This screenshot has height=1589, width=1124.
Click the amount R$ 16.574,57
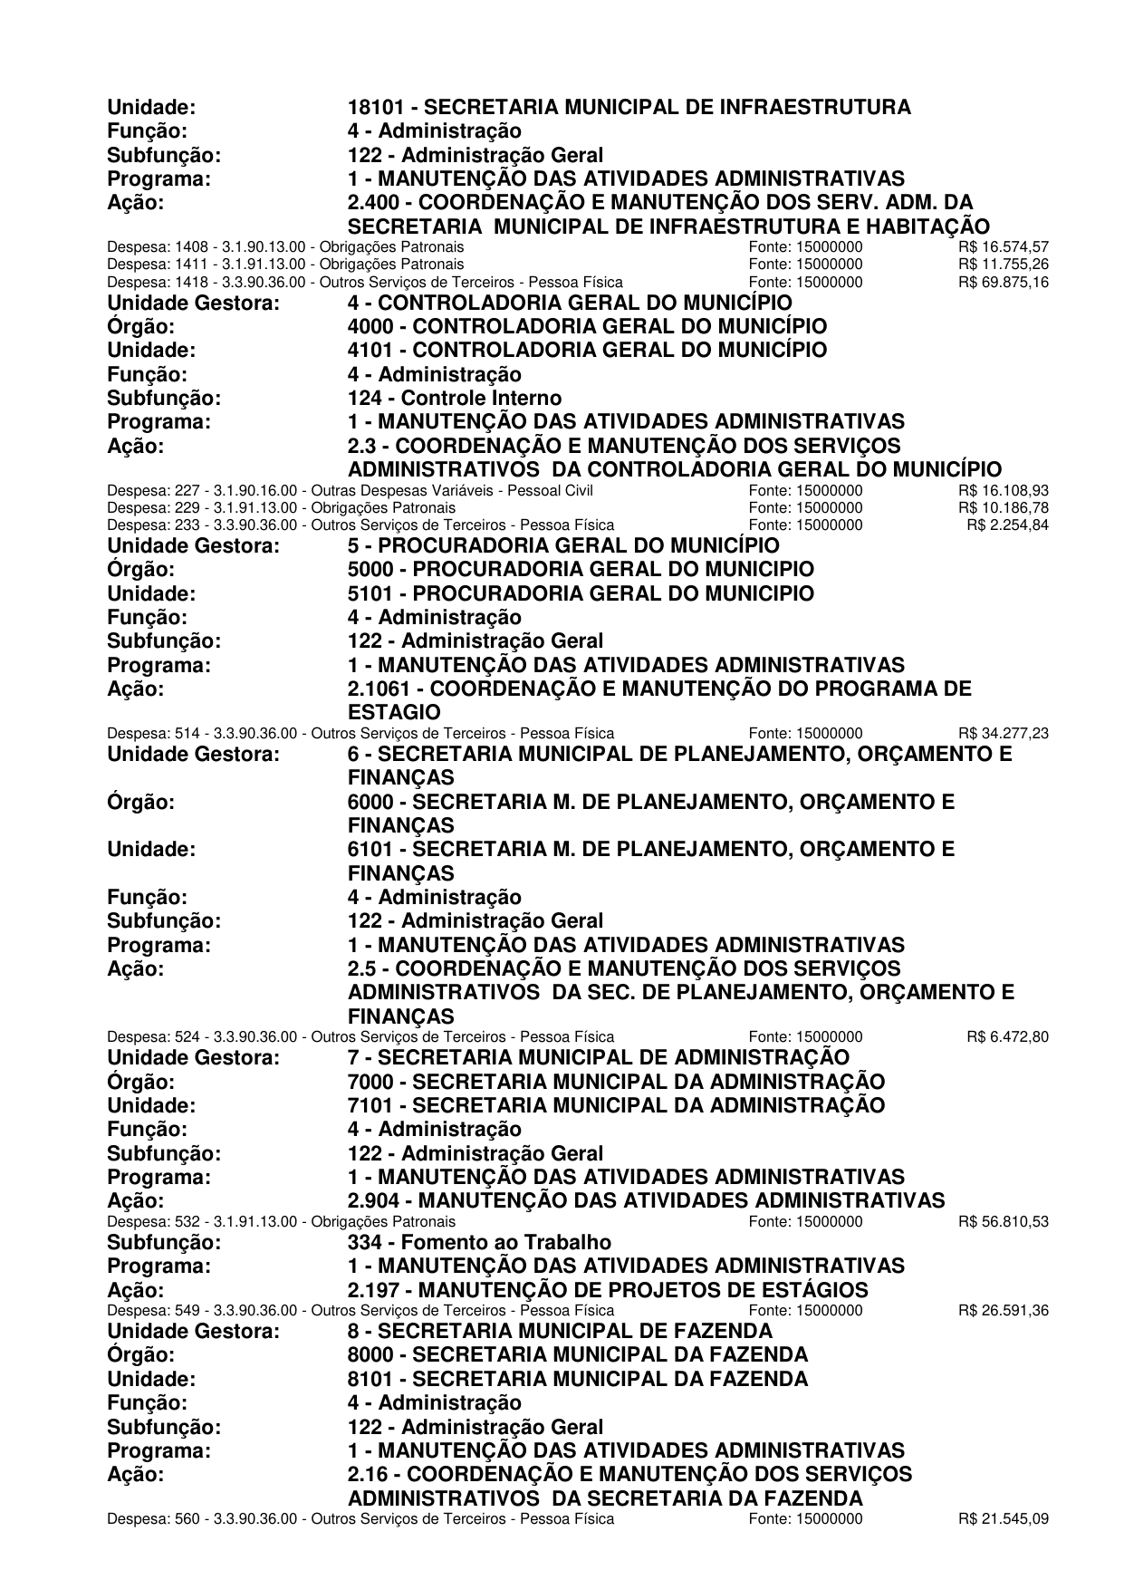(x=1003, y=246)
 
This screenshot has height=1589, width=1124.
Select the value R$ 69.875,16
(x=1003, y=282)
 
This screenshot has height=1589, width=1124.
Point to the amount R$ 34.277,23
(x=1003, y=733)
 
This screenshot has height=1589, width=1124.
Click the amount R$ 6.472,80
(x=1007, y=1036)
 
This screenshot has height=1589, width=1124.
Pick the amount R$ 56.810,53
(x=1003, y=1221)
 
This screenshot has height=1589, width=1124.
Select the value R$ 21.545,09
(x=1003, y=1518)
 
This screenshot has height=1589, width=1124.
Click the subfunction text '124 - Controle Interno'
(x=454, y=399)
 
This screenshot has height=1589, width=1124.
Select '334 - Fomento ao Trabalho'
(x=479, y=1243)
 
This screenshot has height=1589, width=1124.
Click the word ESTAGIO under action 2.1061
(x=394, y=713)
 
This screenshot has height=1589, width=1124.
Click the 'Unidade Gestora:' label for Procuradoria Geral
(x=193, y=546)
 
